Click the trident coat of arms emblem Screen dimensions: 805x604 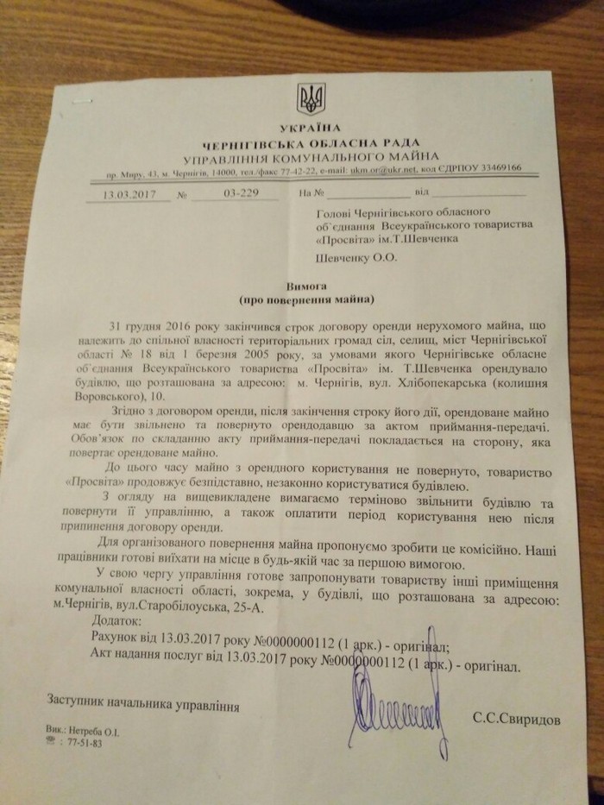pyautogui.click(x=307, y=99)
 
